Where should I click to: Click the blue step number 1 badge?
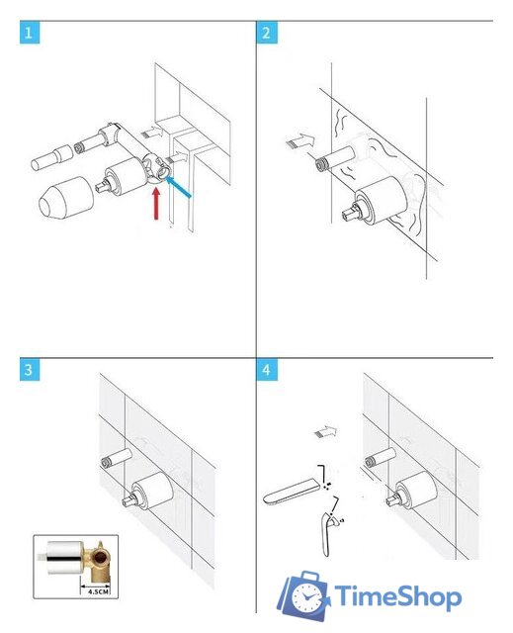coord(30,33)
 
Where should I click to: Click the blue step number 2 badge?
coord(267,33)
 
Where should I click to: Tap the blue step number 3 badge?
coord(30,370)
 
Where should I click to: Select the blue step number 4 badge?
coord(267,370)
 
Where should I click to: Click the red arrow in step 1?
coord(156,204)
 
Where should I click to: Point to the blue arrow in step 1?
coord(178,187)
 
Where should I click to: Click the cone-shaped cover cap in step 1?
coord(66,198)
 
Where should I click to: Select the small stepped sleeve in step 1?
coord(52,157)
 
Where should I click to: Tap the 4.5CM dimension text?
coord(97,591)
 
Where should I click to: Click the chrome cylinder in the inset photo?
coord(64,558)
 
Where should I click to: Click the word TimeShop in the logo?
coord(398,596)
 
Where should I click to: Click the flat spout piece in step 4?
coord(292,491)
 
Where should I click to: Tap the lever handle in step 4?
coord(328,534)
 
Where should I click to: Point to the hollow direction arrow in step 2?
coord(300,140)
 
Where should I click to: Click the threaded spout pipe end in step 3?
coord(107,463)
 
